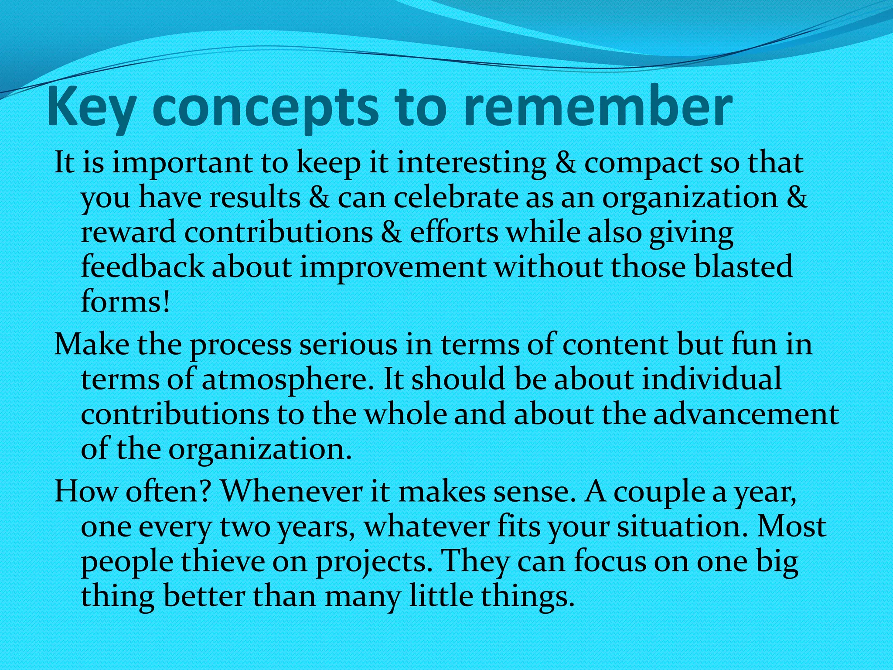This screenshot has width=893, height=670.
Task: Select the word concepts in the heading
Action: point(265,109)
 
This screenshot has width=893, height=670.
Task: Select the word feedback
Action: point(142,267)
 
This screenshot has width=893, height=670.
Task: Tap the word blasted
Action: point(743,267)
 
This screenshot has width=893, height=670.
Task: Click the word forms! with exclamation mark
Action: point(125,301)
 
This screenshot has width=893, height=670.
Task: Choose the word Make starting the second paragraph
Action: point(92,345)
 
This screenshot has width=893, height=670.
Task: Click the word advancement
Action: point(746,414)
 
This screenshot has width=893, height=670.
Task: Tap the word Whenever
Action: point(292,492)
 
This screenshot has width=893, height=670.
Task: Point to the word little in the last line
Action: point(440,596)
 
